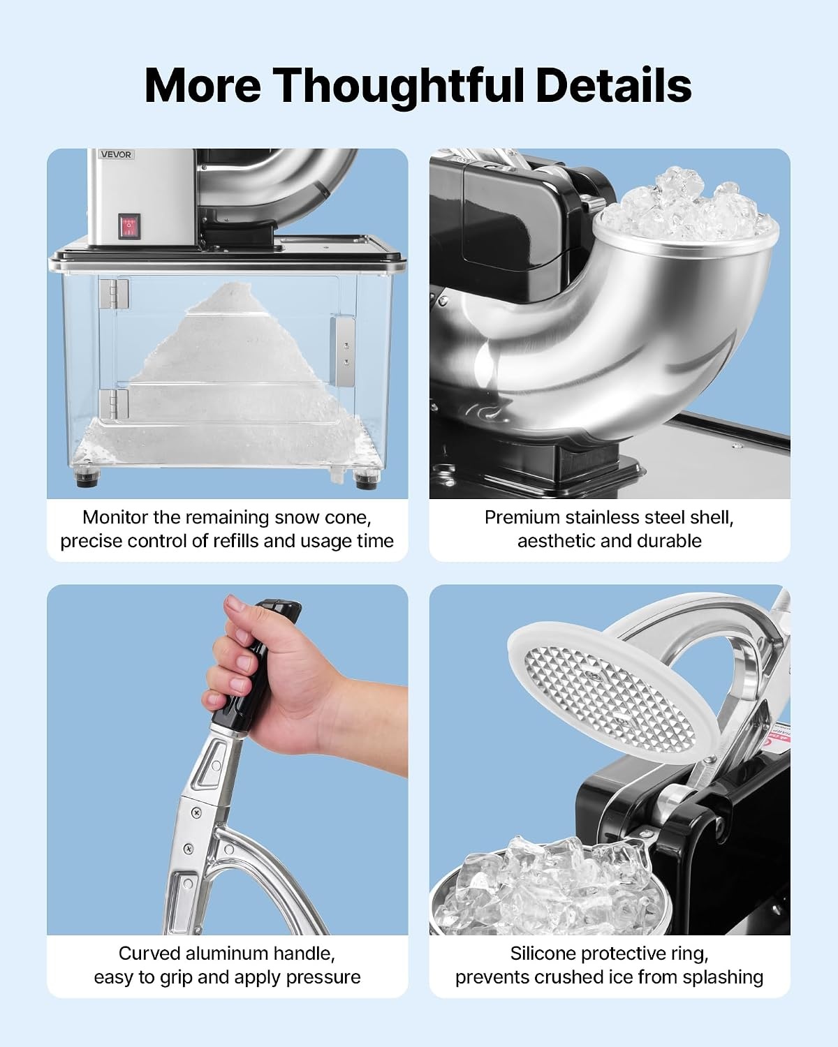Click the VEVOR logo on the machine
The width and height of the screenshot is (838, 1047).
point(117,155)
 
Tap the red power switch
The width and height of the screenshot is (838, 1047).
point(129,226)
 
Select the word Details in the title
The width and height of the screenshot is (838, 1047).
point(613,85)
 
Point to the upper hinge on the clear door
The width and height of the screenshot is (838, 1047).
point(114,293)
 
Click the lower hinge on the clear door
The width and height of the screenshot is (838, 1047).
point(114,403)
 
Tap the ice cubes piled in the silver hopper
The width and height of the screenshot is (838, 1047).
point(687,207)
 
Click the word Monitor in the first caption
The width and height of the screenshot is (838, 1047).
point(115,517)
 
